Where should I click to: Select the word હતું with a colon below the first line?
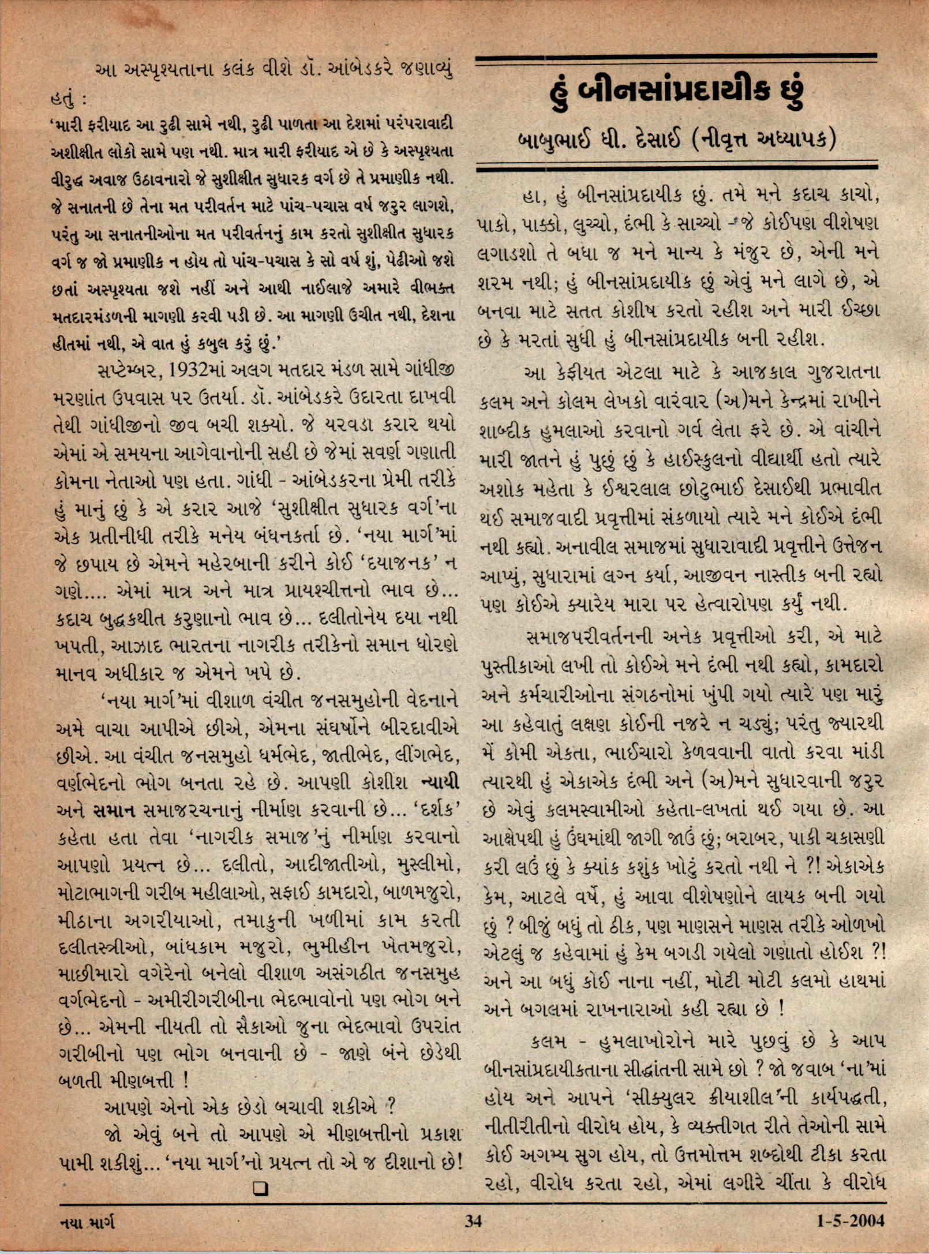[68, 100]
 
